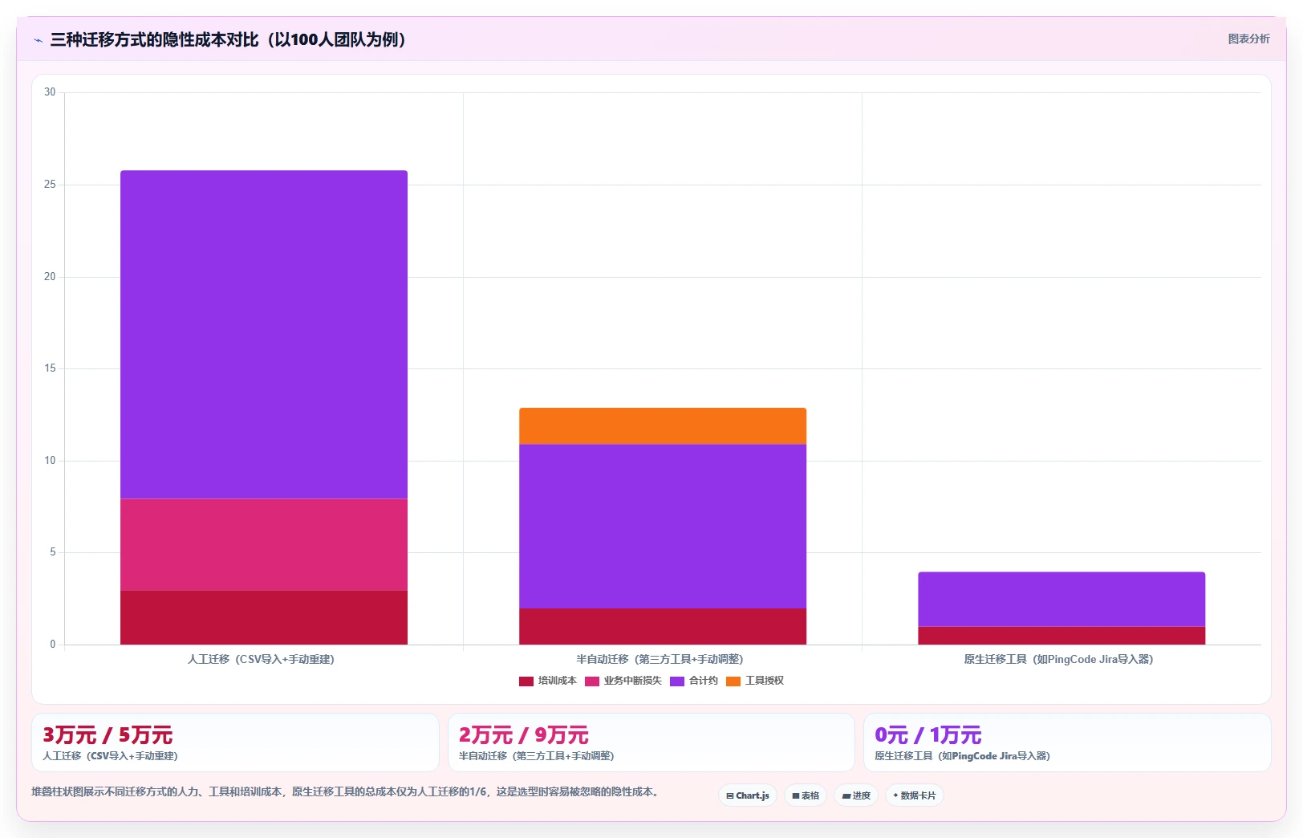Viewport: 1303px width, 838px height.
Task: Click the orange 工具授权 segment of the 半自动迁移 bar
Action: click(x=663, y=426)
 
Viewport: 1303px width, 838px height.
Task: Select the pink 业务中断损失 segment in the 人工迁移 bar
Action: click(x=263, y=545)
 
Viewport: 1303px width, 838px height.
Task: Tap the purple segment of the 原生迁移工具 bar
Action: click(x=1061, y=600)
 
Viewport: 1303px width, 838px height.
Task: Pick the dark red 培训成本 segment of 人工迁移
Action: click(x=263, y=618)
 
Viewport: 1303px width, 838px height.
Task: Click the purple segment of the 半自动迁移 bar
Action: click(x=663, y=527)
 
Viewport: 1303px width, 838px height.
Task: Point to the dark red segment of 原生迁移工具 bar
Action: click(x=1061, y=636)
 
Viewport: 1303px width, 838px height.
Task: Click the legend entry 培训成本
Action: click(x=548, y=681)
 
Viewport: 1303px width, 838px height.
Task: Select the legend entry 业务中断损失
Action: click(x=623, y=681)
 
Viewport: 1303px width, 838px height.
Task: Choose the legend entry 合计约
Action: click(x=694, y=681)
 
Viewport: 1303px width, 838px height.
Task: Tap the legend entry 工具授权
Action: click(x=755, y=681)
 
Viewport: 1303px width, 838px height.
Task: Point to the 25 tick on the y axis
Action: click(x=50, y=185)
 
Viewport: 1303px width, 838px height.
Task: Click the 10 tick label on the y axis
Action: click(x=50, y=460)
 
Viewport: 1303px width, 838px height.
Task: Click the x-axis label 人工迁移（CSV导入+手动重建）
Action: click(x=262, y=659)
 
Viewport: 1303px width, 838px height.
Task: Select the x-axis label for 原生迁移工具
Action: click(x=1059, y=659)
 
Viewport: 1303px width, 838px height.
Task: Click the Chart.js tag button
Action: click(x=748, y=795)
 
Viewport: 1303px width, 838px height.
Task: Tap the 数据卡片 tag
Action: click(x=914, y=795)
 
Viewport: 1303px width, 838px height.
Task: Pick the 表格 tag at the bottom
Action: click(x=806, y=795)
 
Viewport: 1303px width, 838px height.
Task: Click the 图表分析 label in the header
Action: click(x=1249, y=39)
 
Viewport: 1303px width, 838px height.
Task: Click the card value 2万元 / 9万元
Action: click(x=523, y=735)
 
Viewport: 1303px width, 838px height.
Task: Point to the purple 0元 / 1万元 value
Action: click(x=928, y=735)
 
